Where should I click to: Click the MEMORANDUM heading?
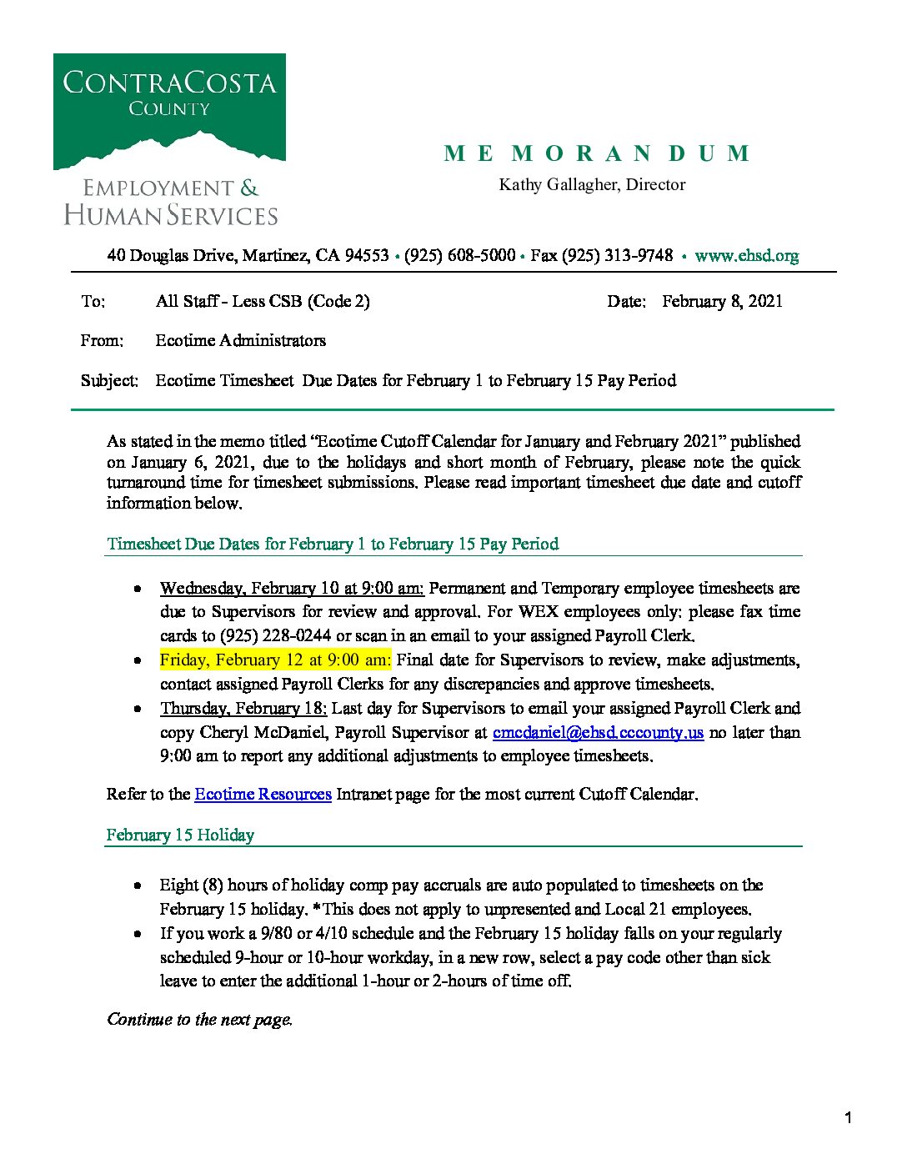pos(597,154)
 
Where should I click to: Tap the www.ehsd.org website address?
pos(746,256)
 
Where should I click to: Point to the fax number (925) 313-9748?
pos(617,256)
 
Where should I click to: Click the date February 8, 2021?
pos(722,302)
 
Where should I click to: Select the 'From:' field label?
pos(102,341)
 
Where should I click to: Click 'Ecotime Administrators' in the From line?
pos(240,341)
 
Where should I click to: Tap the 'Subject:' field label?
pos(109,381)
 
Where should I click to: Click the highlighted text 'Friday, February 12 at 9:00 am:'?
pos(275,660)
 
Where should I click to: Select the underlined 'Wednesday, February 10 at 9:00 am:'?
pos(292,589)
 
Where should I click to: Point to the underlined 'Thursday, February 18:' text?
pos(243,709)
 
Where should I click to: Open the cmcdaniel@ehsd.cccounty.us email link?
pos(598,733)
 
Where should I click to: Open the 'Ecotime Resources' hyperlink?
pos(263,795)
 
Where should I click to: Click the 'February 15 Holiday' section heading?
pos(180,835)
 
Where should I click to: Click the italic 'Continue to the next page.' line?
pos(199,1020)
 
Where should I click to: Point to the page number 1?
pos(848,1118)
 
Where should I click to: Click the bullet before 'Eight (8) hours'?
pos(138,886)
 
